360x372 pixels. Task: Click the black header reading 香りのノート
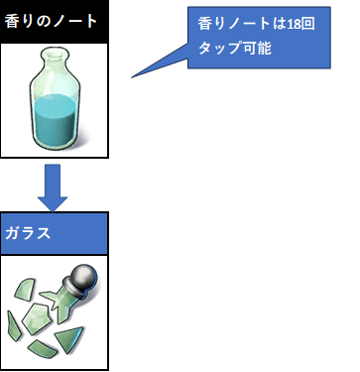pyautogui.click(x=55, y=22)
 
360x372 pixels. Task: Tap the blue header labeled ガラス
pyautogui.click(x=55, y=233)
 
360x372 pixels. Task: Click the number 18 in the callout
pyautogui.click(x=293, y=24)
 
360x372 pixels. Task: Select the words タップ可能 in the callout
pyautogui.click(x=235, y=49)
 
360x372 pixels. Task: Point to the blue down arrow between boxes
pyautogui.click(x=53, y=187)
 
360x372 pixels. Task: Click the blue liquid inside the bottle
pyautogui.click(x=56, y=121)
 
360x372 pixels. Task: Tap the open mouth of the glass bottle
pyautogui.click(x=56, y=52)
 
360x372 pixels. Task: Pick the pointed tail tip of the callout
pyautogui.click(x=132, y=77)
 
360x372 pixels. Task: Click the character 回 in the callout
pyautogui.click(x=307, y=24)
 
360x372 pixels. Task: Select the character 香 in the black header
pyautogui.click(x=11, y=22)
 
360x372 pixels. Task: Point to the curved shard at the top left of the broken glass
pyautogui.click(x=25, y=289)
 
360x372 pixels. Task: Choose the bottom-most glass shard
pyautogui.click(x=42, y=349)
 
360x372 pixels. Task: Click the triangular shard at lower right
pyautogui.click(x=68, y=339)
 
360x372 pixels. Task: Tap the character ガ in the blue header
pyautogui.click(x=12, y=233)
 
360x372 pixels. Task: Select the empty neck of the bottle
pyautogui.click(x=56, y=67)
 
